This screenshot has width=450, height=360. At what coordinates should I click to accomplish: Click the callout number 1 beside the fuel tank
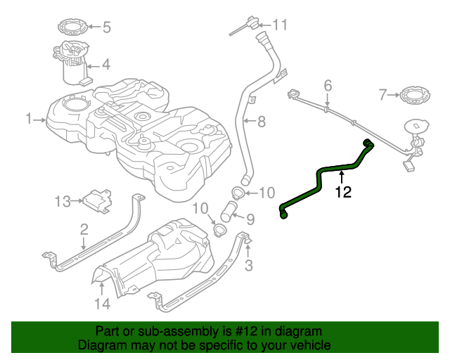(30, 120)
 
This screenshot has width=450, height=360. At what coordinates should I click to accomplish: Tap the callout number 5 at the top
(107, 28)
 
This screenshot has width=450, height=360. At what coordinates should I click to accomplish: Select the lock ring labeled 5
(71, 29)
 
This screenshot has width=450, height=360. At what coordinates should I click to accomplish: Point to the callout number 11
(281, 25)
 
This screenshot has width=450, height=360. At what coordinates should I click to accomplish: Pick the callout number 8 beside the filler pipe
(261, 122)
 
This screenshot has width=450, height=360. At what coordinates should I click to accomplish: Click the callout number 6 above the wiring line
(327, 86)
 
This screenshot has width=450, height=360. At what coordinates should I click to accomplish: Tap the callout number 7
(383, 94)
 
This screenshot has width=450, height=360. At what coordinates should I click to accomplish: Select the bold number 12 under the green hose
(342, 191)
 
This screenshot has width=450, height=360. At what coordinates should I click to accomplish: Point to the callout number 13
(62, 202)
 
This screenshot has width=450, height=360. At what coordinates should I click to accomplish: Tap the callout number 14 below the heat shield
(103, 304)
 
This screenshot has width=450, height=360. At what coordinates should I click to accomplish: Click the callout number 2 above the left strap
(84, 229)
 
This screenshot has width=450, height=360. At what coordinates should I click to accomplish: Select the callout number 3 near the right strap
(248, 265)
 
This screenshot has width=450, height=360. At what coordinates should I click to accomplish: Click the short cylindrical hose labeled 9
(231, 212)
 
